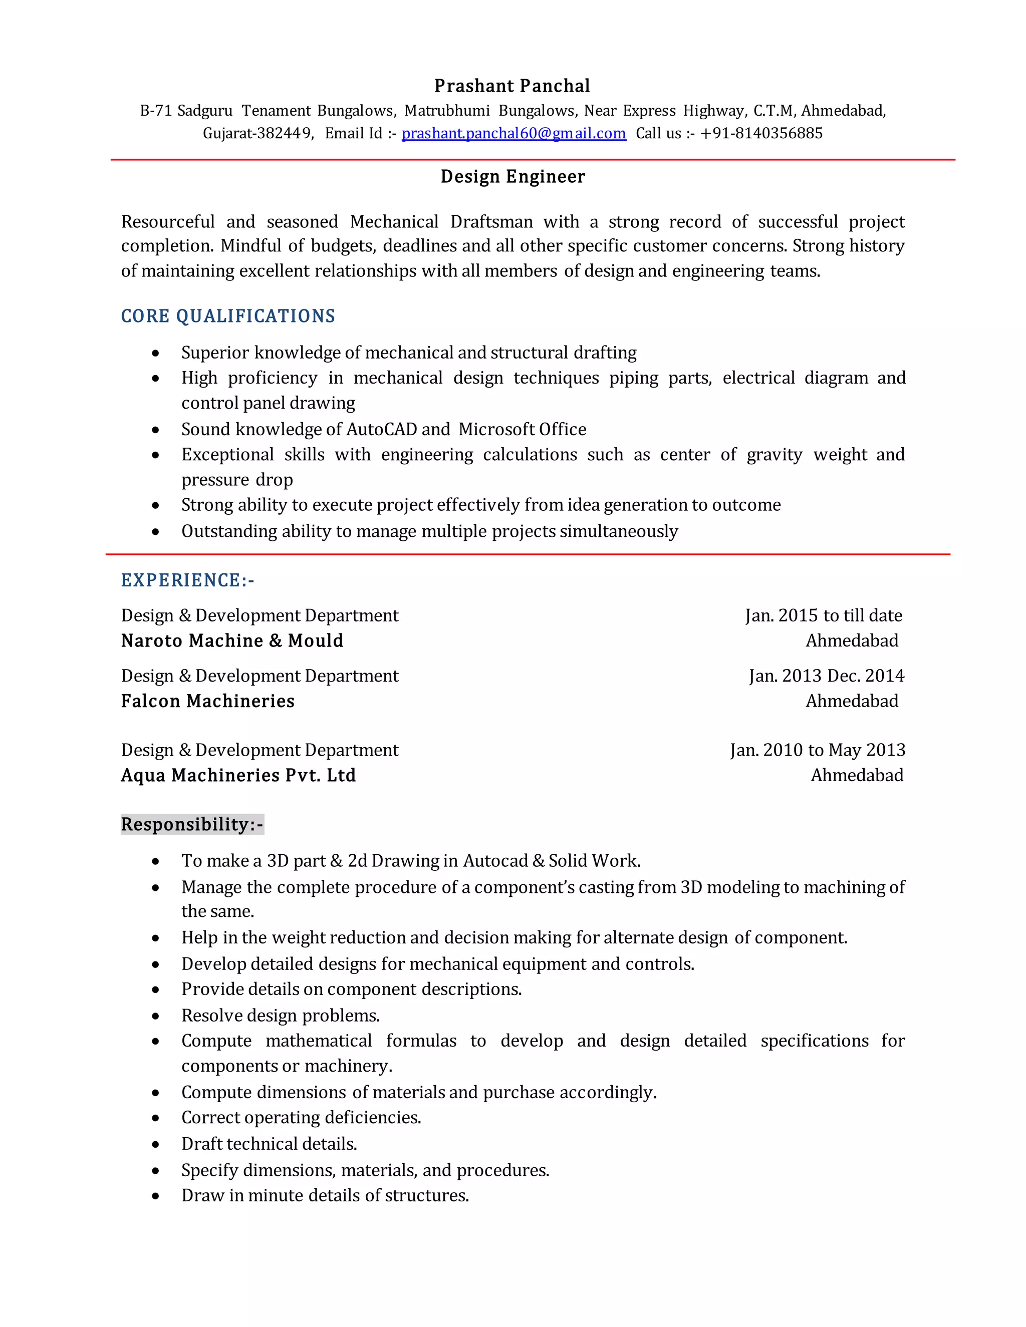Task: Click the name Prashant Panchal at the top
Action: (512, 86)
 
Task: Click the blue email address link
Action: (514, 133)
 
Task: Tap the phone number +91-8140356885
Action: (761, 133)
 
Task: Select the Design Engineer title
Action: (512, 176)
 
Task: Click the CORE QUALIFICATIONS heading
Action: (228, 316)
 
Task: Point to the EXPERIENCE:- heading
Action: (188, 580)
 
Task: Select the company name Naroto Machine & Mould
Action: (232, 640)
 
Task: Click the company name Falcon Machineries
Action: (208, 701)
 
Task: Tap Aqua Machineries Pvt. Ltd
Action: (238, 775)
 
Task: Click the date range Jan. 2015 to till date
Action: (824, 615)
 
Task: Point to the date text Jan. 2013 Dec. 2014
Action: (826, 676)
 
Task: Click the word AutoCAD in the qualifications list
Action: (381, 429)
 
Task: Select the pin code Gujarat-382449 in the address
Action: (258, 133)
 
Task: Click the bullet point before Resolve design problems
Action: (156, 1016)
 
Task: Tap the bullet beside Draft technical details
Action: (156, 1144)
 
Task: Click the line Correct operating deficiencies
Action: (301, 1117)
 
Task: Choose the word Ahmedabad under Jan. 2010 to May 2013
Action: (856, 775)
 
